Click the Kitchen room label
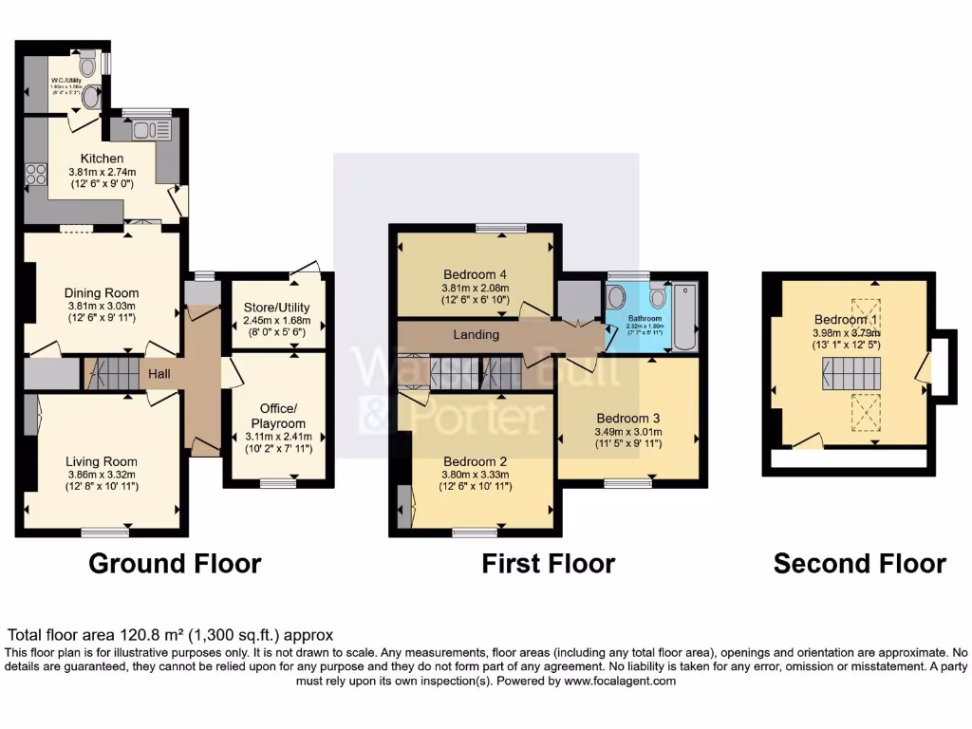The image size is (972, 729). (x=102, y=159)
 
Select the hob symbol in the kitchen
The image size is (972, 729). (x=36, y=174)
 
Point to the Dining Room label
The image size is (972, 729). (x=102, y=292)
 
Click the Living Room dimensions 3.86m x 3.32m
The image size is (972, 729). (x=102, y=474)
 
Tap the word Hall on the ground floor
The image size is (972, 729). (x=159, y=375)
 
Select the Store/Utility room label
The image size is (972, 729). (x=278, y=307)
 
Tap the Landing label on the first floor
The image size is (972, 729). (x=476, y=334)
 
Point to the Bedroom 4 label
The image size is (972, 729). (x=476, y=275)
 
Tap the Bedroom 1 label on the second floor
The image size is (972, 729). (x=845, y=320)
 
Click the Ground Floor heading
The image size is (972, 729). (x=175, y=563)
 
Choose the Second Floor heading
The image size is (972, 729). (x=859, y=563)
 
